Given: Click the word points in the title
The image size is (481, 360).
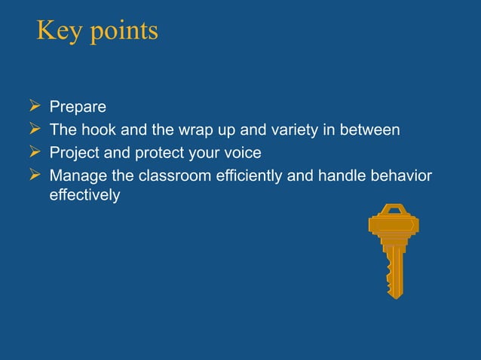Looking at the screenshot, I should tap(123, 32).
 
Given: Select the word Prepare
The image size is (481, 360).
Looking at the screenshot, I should tap(78, 108).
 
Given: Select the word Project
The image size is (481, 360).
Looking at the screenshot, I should tap(72, 153).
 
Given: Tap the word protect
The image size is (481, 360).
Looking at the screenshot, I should tap(158, 153).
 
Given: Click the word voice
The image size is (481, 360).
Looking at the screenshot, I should tap(243, 153).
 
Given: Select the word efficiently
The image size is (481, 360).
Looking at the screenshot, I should tap(241, 175).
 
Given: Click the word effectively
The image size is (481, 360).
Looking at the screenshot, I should tap(84, 195).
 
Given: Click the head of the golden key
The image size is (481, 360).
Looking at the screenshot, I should tap(394, 223).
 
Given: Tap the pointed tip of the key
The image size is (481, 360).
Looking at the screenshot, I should tap(397, 296).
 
